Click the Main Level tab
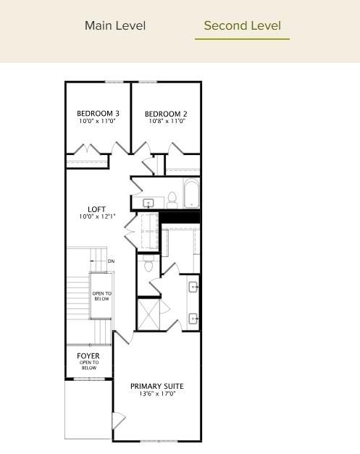pyautogui.click(x=115, y=26)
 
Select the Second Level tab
pyautogui.click(x=242, y=26)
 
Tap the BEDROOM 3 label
pyautogui.click(x=98, y=114)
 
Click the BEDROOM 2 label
pyautogui.click(x=166, y=114)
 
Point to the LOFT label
pyautogui.click(x=96, y=209)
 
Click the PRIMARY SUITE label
pyautogui.click(x=156, y=386)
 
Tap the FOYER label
pyautogui.click(x=88, y=356)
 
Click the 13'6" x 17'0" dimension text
pyautogui.click(x=156, y=394)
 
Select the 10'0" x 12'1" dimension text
pyautogui.click(x=96, y=217)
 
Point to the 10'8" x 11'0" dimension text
pyautogui.click(x=166, y=121)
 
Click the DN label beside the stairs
pyautogui.click(x=111, y=261)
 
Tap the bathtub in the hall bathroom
pyautogui.click(x=191, y=195)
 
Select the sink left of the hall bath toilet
pyautogui.click(x=149, y=203)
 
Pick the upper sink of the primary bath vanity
pyautogui.click(x=193, y=287)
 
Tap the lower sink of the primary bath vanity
pyautogui.click(x=193, y=318)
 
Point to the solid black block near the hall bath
pyautogui.click(x=180, y=217)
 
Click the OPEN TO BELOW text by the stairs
pyautogui.click(x=101, y=295)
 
